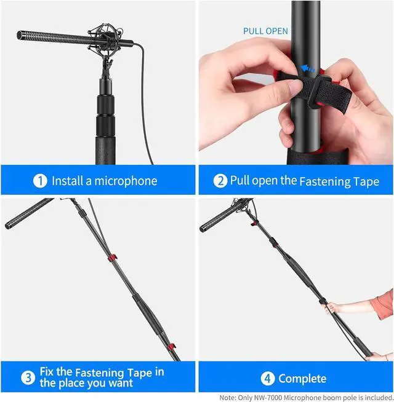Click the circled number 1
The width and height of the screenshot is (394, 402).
pyautogui.click(x=41, y=181)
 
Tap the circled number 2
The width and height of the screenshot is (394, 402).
pyautogui.click(x=220, y=181)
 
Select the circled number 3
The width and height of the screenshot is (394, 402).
pyautogui.click(x=27, y=377)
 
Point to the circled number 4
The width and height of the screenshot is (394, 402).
pyautogui.click(x=268, y=378)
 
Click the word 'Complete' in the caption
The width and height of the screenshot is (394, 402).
pyautogui.click(x=302, y=379)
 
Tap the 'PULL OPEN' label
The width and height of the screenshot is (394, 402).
pyautogui.click(x=265, y=31)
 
